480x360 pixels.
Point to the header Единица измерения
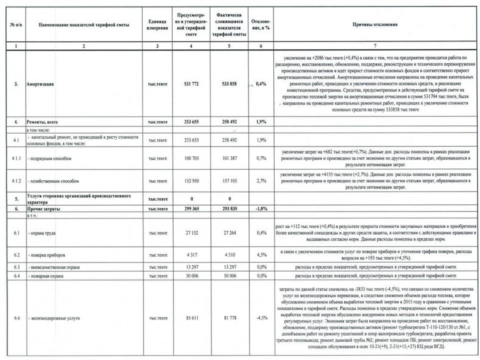[x=156, y=26]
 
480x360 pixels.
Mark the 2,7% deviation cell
[x=261, y=181]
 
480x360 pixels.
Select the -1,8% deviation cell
[x=261, y=208]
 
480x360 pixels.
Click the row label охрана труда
[x=44, y=233]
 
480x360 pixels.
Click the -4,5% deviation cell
[x=261, y=318]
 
